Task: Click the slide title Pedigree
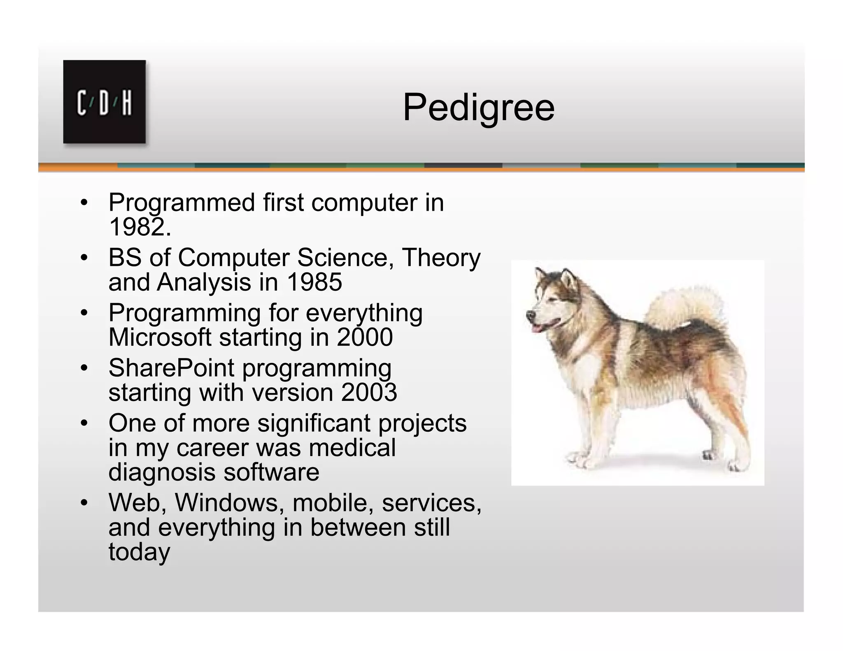point(478,107)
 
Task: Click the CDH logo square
point(104,102)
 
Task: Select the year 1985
point(314,282)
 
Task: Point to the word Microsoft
point(160,337)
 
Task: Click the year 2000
point(365,337)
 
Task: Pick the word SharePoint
point(171,367)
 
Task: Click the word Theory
point(441,258)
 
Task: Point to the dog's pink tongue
point(536,328)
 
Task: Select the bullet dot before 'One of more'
point(84,423)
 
